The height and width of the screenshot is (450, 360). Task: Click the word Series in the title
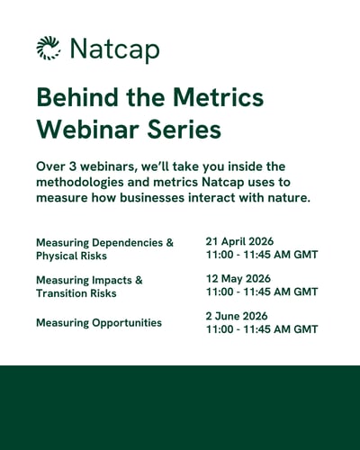tap(185, 129)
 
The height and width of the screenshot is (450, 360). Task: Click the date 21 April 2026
tap(239, 241)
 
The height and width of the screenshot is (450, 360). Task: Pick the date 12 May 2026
tap(238, 278)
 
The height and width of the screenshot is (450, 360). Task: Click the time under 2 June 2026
tap(262, 329)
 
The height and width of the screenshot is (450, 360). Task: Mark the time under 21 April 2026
tap(262, 255)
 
